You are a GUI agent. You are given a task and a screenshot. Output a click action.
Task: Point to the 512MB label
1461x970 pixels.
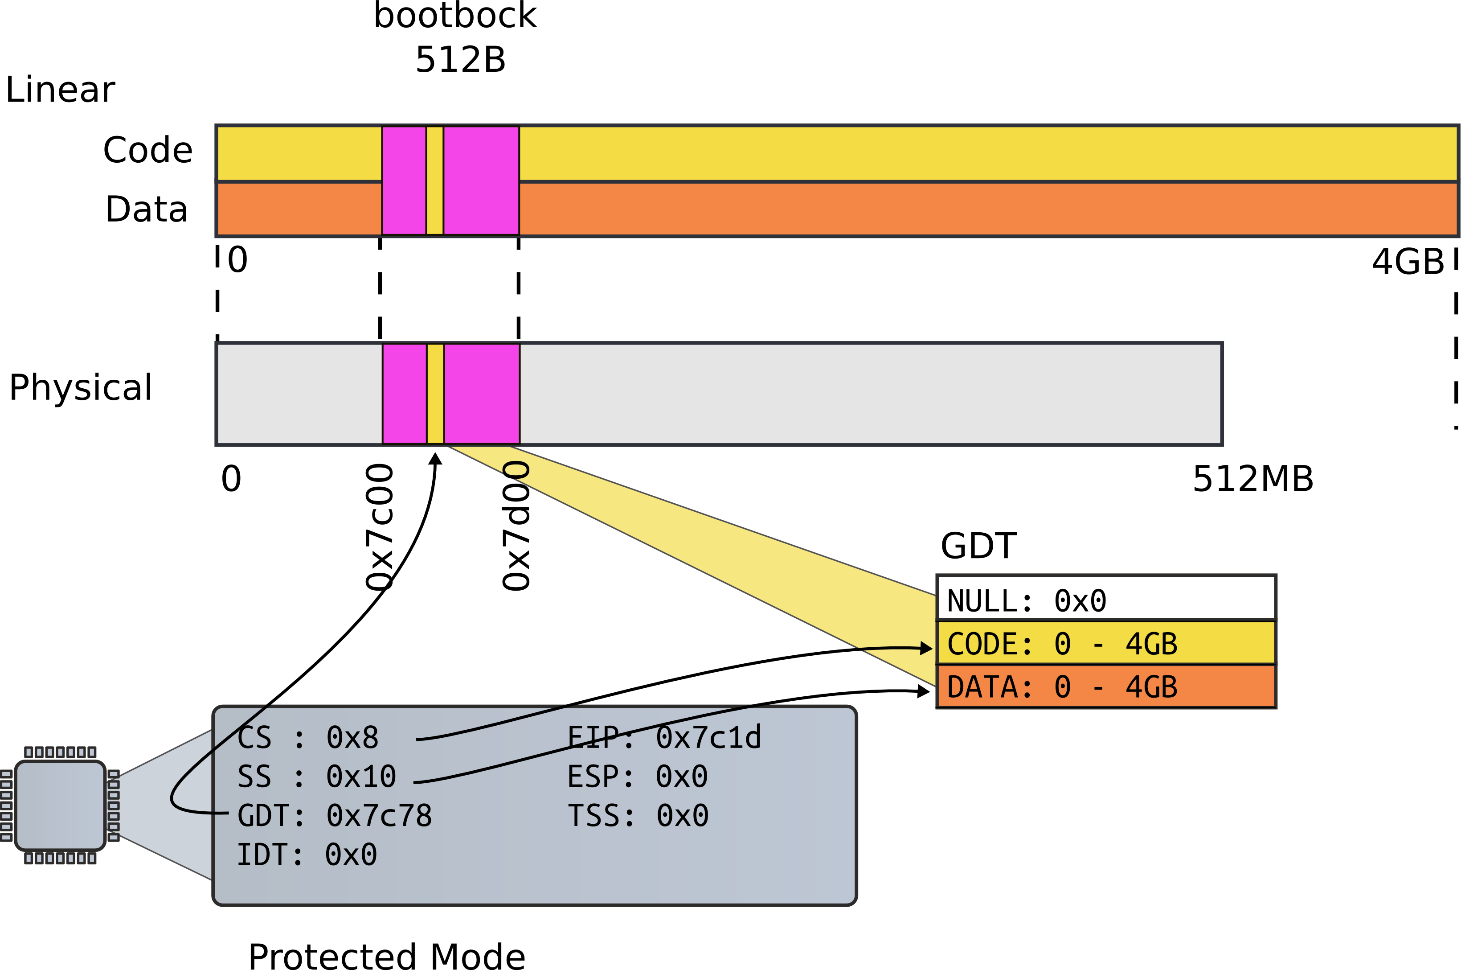click(x=1252, y=479)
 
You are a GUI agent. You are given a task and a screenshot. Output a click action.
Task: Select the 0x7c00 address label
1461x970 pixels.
click(x=379, y=527)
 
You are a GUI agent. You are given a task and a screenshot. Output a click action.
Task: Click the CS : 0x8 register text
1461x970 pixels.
click(x=307, y=737)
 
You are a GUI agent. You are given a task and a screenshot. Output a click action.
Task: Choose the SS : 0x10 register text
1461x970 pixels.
click(x=316, y=777)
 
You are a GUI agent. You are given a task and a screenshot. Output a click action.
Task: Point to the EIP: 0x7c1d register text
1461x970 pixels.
click(x=664, y=737)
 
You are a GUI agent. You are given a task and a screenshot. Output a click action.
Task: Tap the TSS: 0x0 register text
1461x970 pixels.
click(x=638, y=815)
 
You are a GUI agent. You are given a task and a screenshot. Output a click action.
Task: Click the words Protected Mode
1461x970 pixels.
click(x=386, y=956)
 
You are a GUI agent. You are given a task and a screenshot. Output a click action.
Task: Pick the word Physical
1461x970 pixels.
click(x=80, y=388)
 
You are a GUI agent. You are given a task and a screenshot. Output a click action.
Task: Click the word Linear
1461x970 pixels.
click(x=60, y=90)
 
